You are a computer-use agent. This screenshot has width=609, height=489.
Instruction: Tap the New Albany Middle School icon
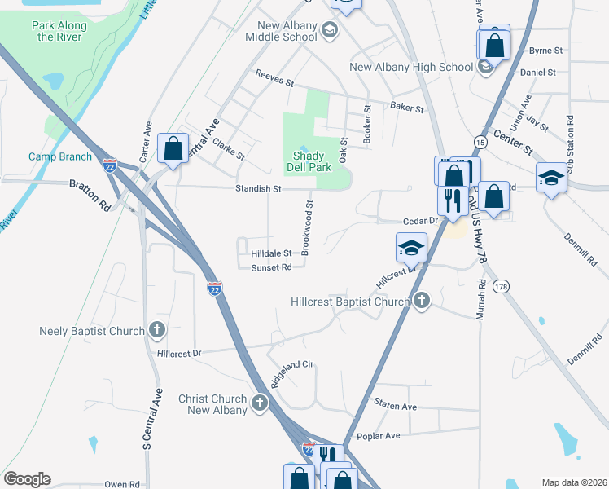tap(330, 32)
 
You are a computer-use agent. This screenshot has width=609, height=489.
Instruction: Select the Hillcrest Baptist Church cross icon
tap(421, 301)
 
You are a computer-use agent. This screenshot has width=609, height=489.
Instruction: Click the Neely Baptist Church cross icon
tap(157, 330)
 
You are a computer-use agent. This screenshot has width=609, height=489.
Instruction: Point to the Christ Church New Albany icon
tap(260, 403)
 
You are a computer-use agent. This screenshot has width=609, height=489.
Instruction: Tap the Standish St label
tap(259, 189)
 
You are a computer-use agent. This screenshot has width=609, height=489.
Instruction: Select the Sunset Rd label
tap(271, 267)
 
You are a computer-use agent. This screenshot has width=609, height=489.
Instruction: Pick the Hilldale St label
tap(271, 253)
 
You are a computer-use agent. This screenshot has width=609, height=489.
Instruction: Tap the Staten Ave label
tap(395, 406)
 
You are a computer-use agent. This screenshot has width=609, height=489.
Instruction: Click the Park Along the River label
tap(59, 31)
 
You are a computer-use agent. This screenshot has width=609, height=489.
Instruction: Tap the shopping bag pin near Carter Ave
tap(173, 149)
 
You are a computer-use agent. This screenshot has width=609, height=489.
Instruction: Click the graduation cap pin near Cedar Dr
tap(412, 246)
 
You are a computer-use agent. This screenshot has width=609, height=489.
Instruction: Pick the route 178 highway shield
tap(502, 286)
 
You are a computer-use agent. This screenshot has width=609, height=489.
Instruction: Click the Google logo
tap(27, 479)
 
